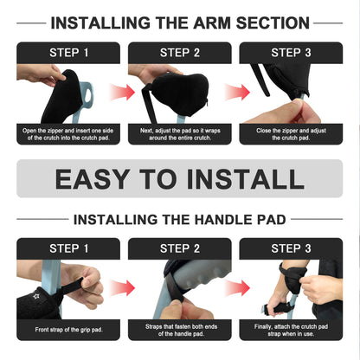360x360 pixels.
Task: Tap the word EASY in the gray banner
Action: (98, 179)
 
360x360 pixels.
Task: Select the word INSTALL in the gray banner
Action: (247, 179)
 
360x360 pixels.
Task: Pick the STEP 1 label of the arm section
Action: (69, 52)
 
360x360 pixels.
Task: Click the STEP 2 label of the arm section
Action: (180, 52)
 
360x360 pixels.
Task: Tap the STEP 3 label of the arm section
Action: (291, 52)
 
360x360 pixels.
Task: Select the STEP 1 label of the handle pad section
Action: (69, 248)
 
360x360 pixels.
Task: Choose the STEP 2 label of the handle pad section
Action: (180, 248)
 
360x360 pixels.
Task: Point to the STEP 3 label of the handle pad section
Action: (291, 248)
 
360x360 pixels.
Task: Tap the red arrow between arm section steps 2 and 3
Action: (235, 92)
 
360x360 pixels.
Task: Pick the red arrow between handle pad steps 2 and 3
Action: (235, 286)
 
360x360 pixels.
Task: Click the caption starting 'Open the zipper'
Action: (69, 134)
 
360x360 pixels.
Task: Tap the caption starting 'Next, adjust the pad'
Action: (180, 134)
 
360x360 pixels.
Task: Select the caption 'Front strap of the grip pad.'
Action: (69, 329)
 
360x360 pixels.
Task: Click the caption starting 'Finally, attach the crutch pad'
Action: (291, 329)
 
